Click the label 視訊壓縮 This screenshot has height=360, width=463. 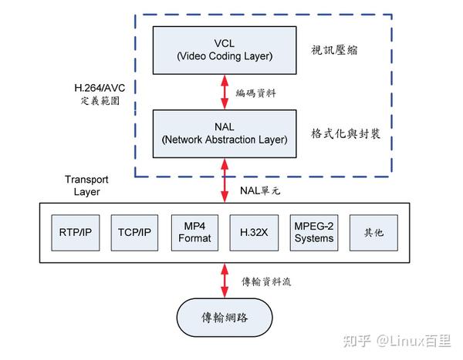coord(337,48)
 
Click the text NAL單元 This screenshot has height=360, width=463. coord(259,190)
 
